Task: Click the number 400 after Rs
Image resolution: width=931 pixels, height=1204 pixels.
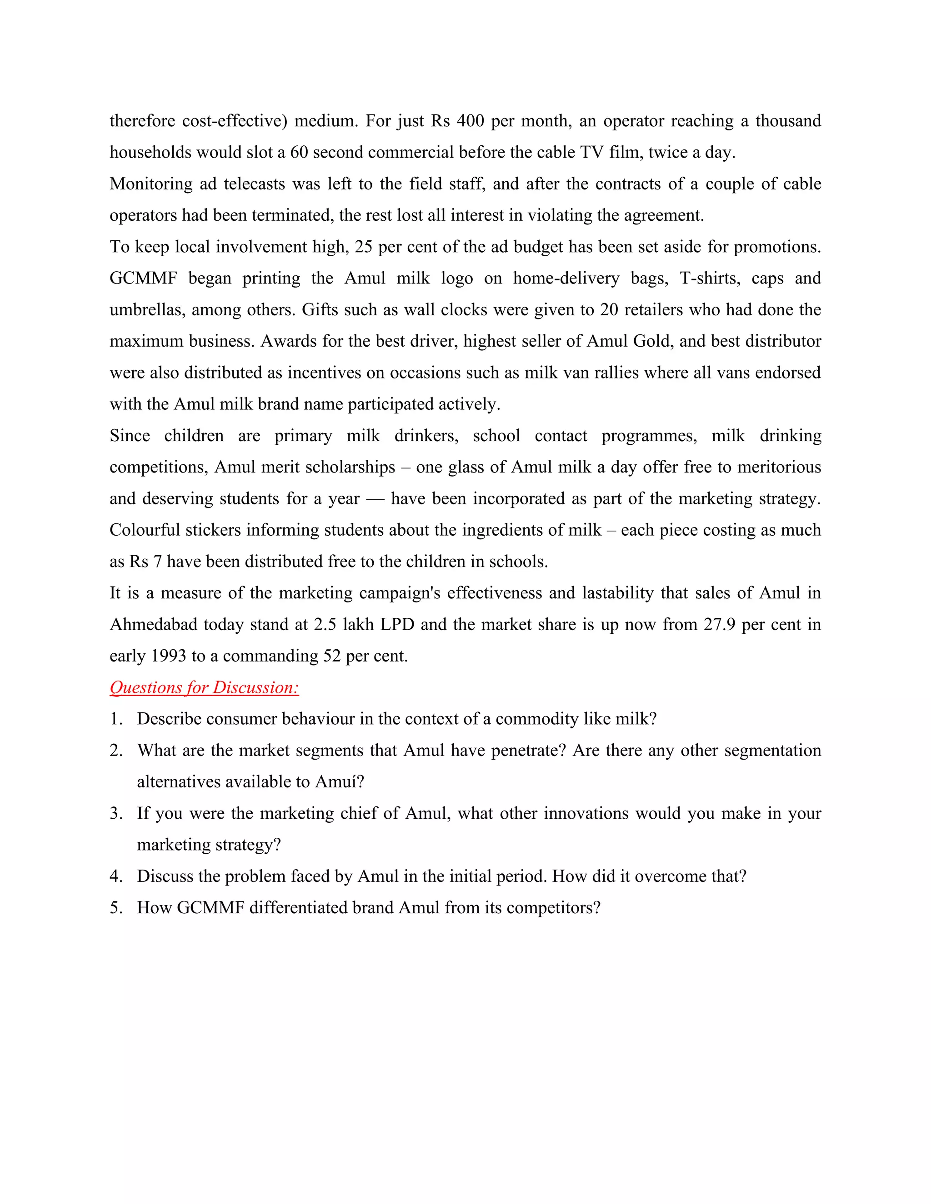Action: [470, 121]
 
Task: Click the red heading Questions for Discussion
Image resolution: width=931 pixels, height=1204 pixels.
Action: [204, 687]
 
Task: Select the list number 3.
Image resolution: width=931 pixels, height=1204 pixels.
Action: [115, 813]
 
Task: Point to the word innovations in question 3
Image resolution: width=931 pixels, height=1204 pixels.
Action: [586, 813]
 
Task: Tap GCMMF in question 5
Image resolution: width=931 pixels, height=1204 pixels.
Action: [210, 907]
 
